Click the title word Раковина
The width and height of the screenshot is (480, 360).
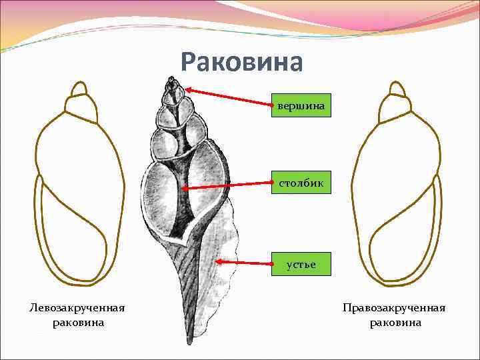tap(241, 63)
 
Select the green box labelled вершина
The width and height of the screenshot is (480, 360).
tap(301, 105)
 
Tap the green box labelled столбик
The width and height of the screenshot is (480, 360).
tap(301, 182)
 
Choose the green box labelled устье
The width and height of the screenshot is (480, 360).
tap(301, 265)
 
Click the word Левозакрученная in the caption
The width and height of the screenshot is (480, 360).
tap(77, 308)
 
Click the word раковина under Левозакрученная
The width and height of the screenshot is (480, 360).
tap(77, 323)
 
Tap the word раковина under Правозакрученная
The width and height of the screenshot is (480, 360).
tap(395, 323)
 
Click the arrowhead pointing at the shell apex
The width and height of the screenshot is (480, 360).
tap(189, 89)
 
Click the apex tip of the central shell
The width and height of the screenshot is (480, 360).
tap(173, 79)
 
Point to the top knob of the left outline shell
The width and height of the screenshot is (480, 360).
tap(79, 89)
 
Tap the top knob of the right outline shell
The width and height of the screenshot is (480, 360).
tap(397, 89)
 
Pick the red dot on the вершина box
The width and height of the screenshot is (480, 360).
tap(271, 105)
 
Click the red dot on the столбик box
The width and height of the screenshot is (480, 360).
tap(272, 182)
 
